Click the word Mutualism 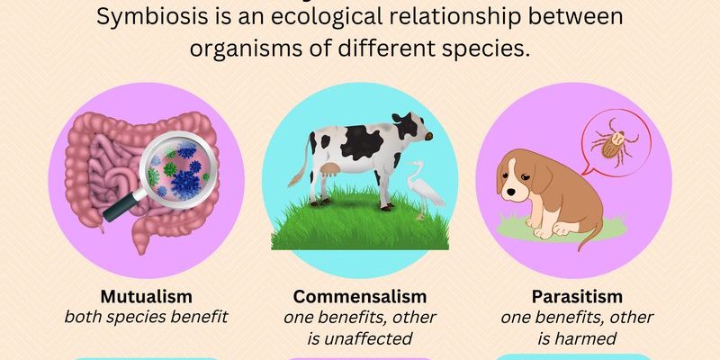[x=146, y=297]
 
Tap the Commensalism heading [x=360, y=297]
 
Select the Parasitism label [x=577, y=297]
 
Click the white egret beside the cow [x=423, y=188]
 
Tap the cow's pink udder [x=330, y=170]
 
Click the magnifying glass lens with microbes [x=178, y=170]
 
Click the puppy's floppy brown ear [x=541, y=177]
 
